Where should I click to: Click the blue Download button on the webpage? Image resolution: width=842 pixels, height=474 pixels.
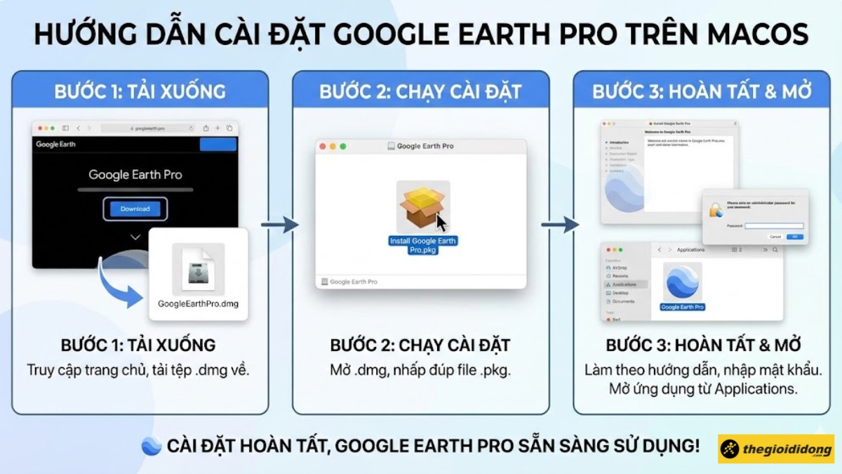click(135, 209)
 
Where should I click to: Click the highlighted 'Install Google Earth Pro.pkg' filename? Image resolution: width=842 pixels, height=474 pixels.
click(422, 245)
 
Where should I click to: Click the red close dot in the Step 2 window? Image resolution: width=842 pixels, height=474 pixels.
click(323, 146)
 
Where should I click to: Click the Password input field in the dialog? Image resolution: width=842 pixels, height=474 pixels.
click(773, 225)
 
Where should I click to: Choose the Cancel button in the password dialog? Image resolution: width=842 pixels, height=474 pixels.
click(775, 237)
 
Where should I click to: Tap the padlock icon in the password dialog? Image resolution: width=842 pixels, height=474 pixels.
click(716, 210)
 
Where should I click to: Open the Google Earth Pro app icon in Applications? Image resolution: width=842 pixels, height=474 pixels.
click(682, 282)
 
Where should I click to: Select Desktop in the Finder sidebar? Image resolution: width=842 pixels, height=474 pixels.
click(620, 293)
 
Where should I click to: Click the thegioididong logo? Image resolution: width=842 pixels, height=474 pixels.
click(775, 449)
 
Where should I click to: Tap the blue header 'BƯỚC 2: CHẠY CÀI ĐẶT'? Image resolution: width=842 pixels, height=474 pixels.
click(420, 91)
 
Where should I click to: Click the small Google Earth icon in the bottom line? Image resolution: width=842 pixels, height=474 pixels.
click(152, 446)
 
